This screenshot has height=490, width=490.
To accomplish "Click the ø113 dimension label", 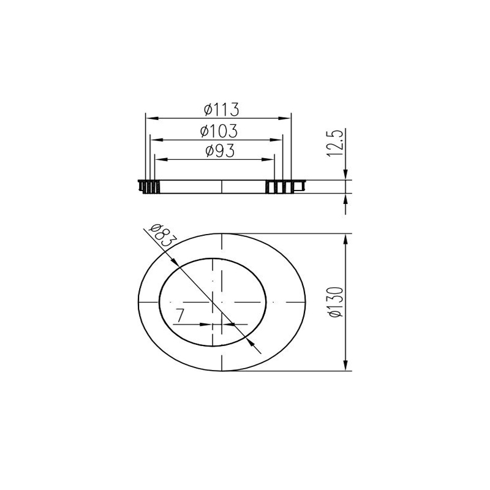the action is pyautogui.click(x=222, y=110).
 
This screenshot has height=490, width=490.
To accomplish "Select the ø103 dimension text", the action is pyautogui.click(x=219, y=131).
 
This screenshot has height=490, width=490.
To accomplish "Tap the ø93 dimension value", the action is pyautogui.click(x=220, y=151).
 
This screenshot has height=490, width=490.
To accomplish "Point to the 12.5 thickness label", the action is pyautogui.click(x=335, y=143).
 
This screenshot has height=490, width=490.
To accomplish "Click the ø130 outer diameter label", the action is pyautogui.click(x=336, y=302).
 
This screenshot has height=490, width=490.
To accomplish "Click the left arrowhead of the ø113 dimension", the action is pyautogui.click(x=151, y=118).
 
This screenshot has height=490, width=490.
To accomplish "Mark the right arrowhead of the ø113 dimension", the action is pyautogui.click(x=285, y=118).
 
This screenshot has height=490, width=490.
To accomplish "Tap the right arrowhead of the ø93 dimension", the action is pyautogui.click(x=268, y=160).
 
